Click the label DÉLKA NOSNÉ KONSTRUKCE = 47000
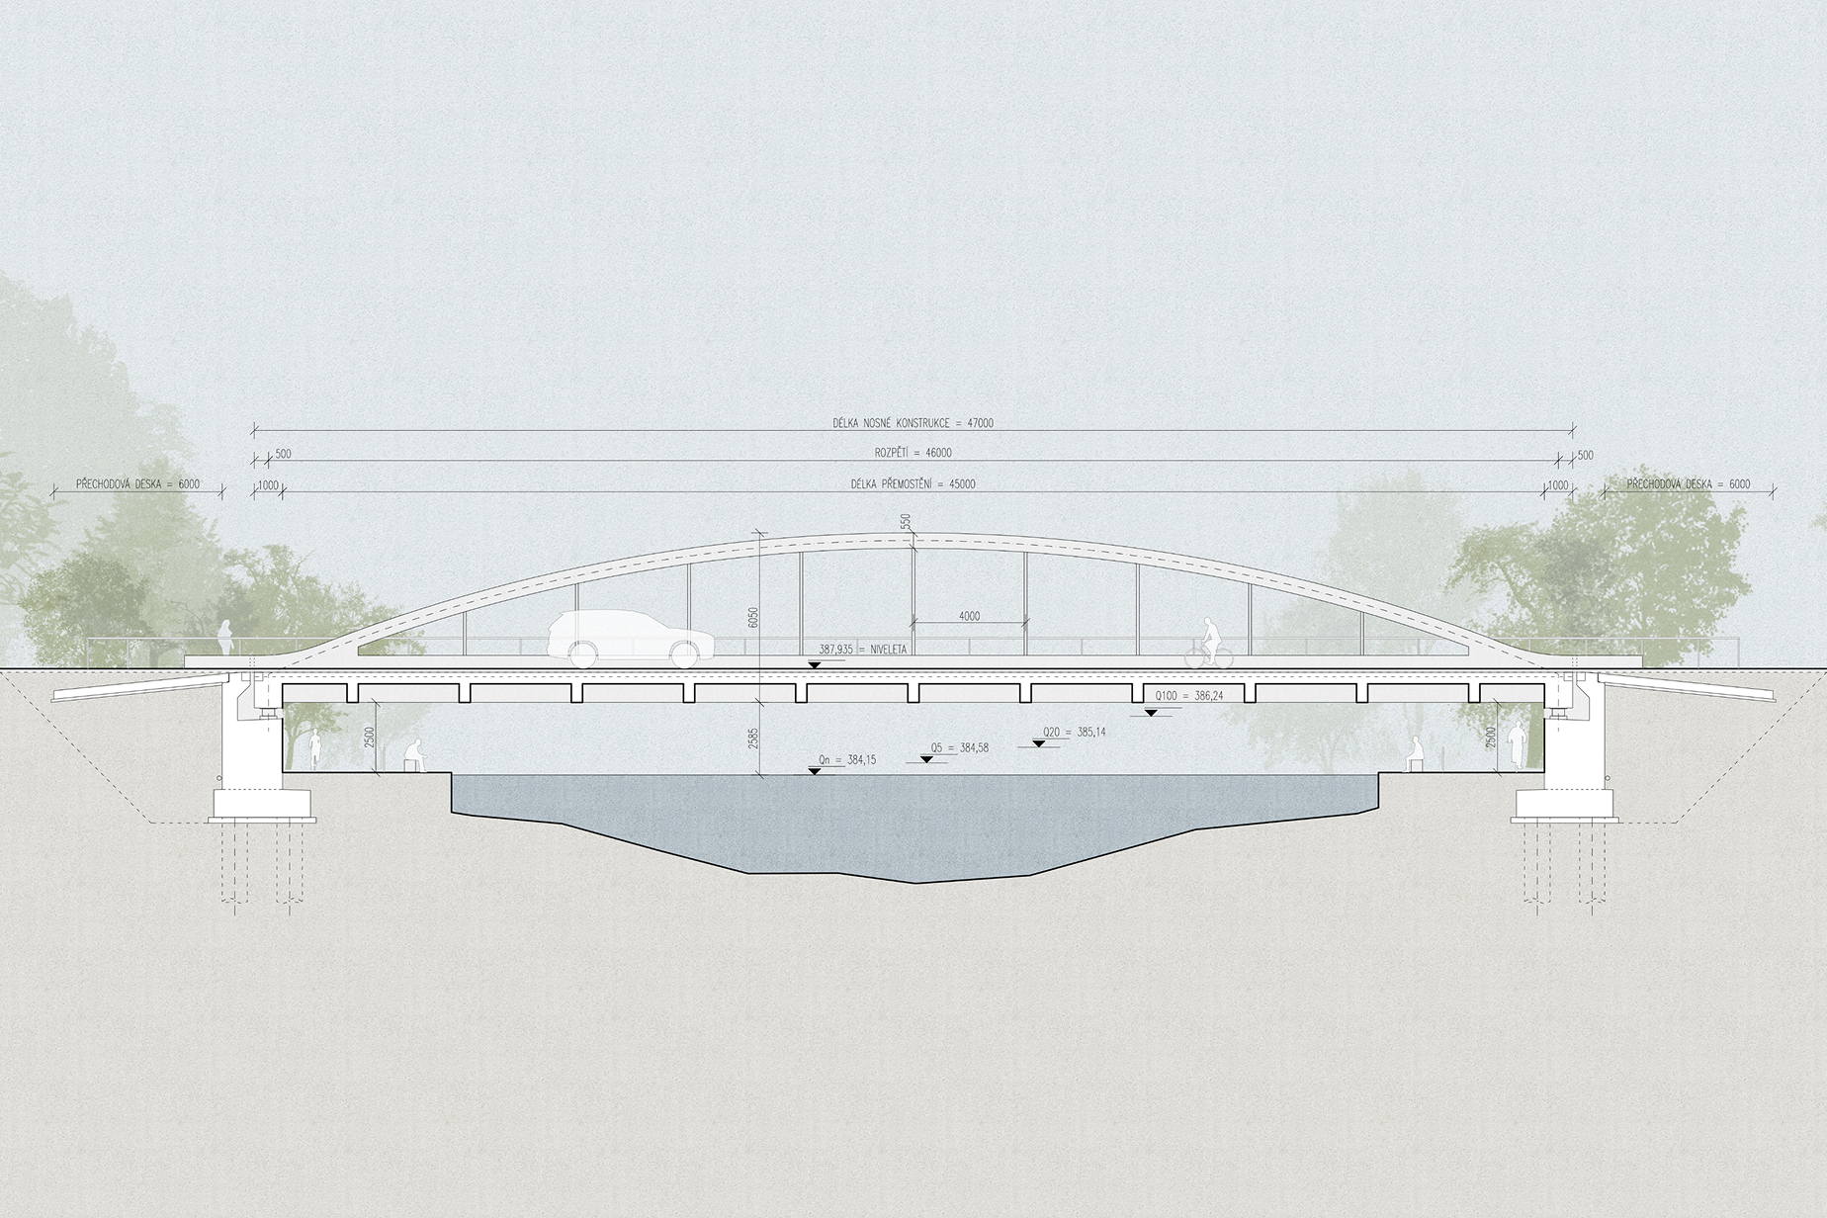point(913,423)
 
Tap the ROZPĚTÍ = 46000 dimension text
point(913,453)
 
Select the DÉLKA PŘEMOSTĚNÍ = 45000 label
point(913,484)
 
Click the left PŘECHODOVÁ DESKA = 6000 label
point(138,484)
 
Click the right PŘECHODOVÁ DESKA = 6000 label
point(1688,484)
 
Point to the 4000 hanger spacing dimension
point(969,616)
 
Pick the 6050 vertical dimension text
point(753,618)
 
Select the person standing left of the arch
point(226,638)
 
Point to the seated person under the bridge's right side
point(1415,754)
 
